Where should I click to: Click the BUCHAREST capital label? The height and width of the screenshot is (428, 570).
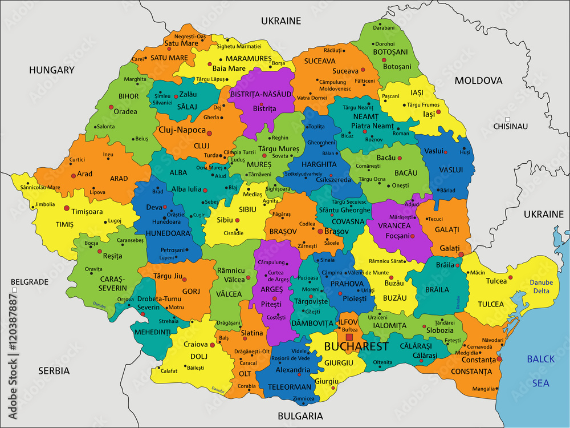pos(356,346)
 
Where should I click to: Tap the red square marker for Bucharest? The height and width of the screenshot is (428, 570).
pos(349,337)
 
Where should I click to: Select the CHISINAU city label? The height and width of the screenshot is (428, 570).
pos(510,126)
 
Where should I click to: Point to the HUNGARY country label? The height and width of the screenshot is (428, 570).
pos(52,70)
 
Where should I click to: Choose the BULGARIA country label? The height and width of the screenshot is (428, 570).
pos(300,415)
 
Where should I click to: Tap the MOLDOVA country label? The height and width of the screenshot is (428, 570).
pos(478,80)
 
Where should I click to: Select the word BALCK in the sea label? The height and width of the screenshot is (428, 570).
pos(540,359)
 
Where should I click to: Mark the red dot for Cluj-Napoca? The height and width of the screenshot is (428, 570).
pos(209,134)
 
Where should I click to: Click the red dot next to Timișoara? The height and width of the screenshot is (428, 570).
pos(67,208)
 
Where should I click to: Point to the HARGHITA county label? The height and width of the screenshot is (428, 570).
pos(319,164)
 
